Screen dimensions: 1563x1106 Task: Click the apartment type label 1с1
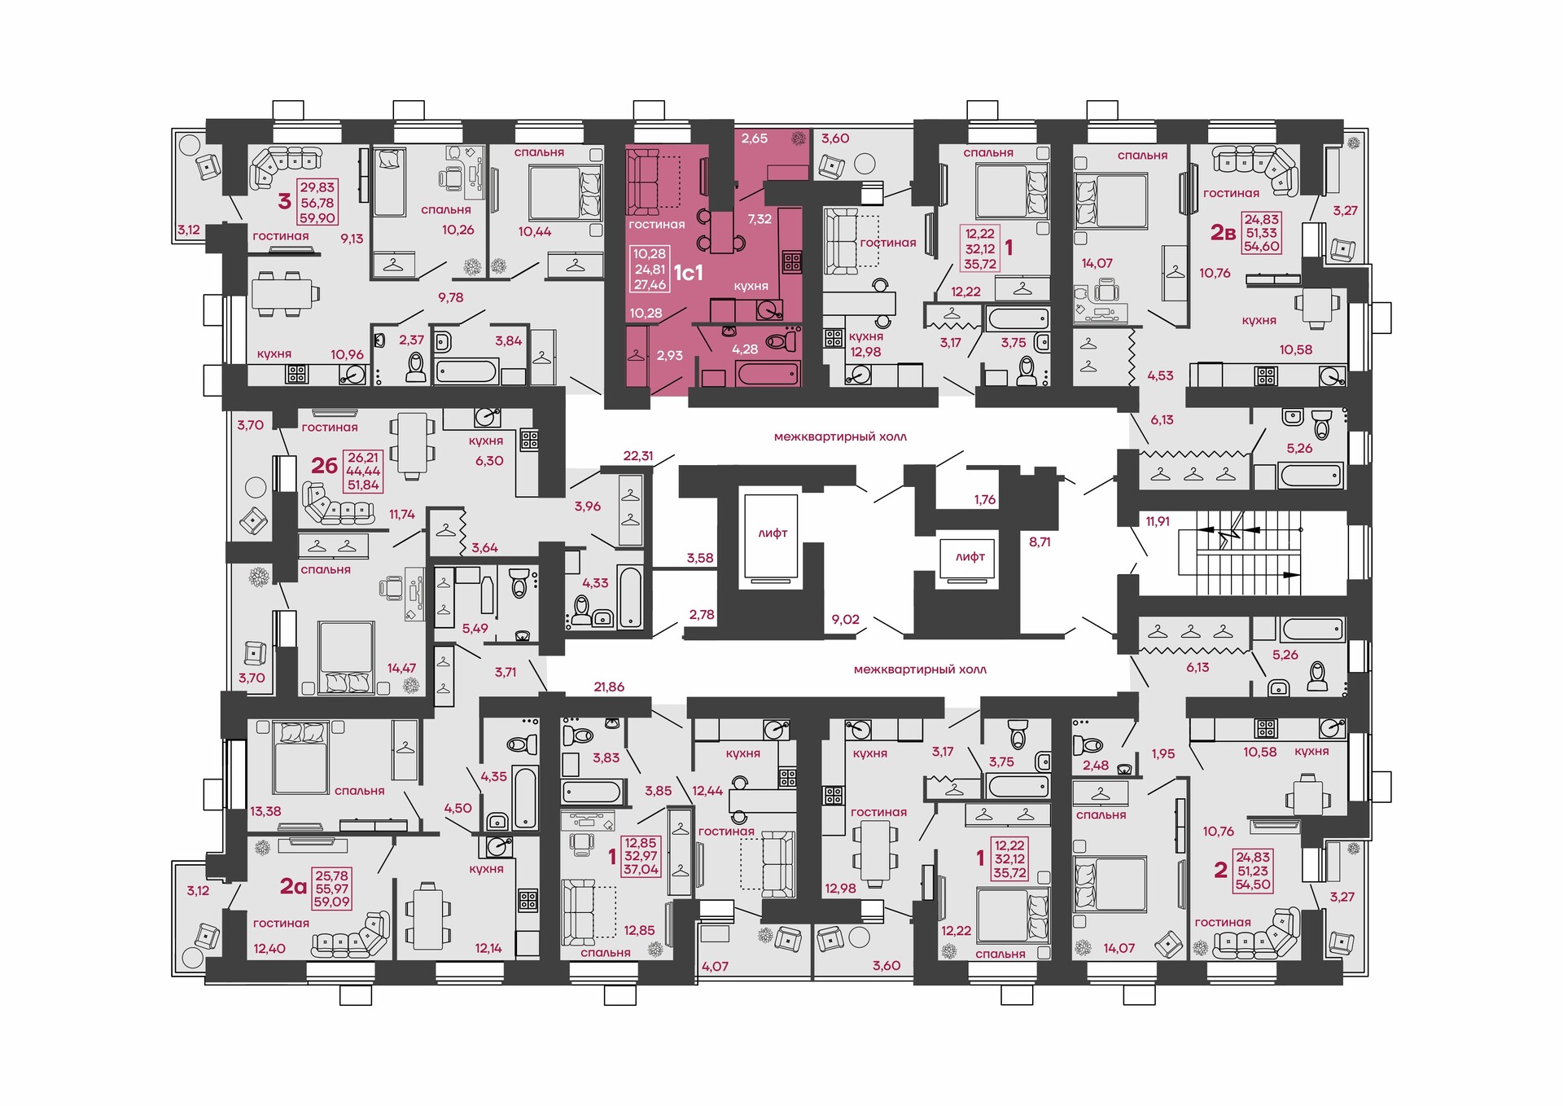coord(688,272)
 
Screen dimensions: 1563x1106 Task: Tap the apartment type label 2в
coord(1223,233)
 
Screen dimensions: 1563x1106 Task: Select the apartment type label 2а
coord(293,885)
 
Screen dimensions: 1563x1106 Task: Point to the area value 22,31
coord(638,456)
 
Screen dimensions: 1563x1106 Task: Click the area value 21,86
coord(609,687)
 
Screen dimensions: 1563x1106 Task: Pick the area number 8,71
coord(1040,542)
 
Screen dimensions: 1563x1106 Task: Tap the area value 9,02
coord(846,620)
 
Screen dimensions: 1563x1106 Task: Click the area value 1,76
coord(985,500)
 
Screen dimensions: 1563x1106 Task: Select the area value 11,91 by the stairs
coord(1158,521)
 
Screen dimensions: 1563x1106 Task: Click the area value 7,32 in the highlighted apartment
coord(760,219)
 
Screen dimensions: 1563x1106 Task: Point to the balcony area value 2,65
coord(755,138)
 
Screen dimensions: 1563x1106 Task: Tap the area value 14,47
coord(401,668)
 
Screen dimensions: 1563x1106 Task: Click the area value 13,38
coord(266,811)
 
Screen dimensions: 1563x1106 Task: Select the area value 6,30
coord(489,461)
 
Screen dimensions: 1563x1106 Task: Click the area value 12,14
coord(488,948)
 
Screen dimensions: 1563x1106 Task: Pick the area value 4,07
coord(715,967)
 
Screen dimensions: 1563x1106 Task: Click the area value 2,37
coord(411,340)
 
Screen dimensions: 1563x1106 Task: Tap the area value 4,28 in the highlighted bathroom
coord(745,349)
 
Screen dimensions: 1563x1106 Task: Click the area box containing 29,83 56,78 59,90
coord(317,203)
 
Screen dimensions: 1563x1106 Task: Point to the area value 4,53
coord(1161,375)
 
